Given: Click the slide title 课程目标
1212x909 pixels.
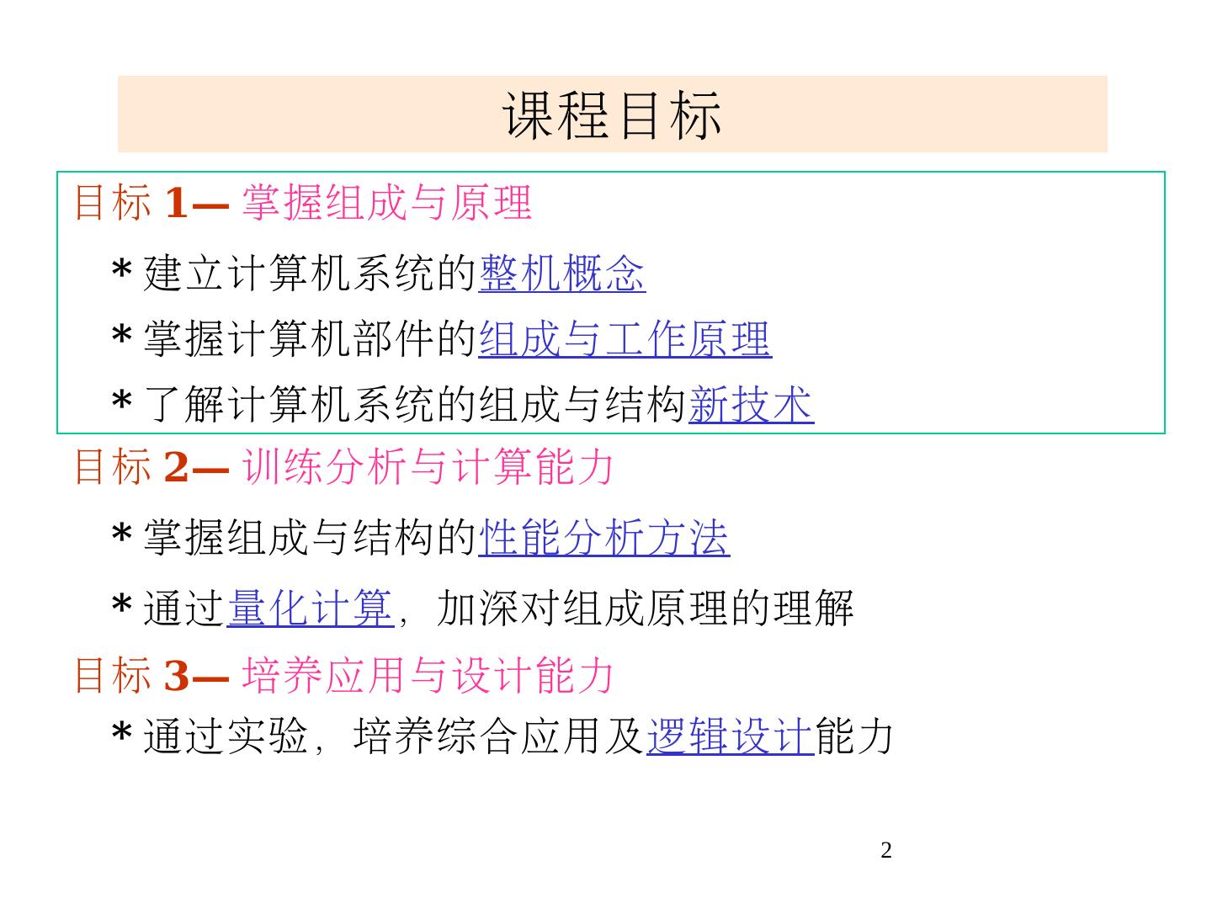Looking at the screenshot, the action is point(613,114).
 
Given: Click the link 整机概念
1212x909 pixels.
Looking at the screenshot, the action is point(561,274).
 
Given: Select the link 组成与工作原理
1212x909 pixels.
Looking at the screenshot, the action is point(625,339).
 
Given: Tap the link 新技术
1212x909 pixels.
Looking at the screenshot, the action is point(751,405).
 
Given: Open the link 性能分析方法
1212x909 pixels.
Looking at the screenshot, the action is point(603,538).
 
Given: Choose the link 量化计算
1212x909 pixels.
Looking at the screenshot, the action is point(310,608).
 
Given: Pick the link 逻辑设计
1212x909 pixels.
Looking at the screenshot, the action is point(730,736).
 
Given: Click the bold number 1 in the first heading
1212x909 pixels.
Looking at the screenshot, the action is point(176,203).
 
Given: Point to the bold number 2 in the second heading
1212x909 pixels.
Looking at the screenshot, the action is point(176,466).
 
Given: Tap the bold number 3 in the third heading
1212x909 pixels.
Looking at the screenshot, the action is point(176,675).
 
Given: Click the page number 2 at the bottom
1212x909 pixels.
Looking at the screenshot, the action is point(885,851).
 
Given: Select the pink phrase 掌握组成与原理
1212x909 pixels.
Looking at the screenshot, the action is point(387,203).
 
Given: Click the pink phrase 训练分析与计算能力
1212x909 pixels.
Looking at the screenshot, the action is point(428,466).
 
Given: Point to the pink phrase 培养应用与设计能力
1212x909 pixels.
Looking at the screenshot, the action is point(428,675).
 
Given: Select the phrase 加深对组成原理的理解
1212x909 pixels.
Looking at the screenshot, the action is point(645,608).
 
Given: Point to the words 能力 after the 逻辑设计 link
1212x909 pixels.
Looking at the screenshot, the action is point(854,736).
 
